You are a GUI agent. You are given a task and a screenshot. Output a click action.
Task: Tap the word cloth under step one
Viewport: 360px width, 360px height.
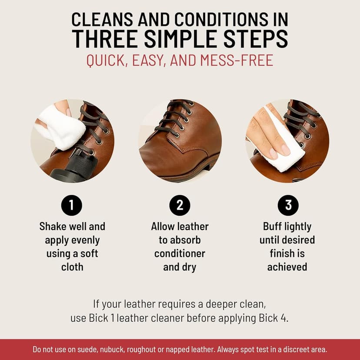[72, 267]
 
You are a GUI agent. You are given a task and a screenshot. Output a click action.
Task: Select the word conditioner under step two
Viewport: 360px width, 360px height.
[180, 253]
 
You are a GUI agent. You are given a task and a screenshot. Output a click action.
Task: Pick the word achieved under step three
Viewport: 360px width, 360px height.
[287, 267]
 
